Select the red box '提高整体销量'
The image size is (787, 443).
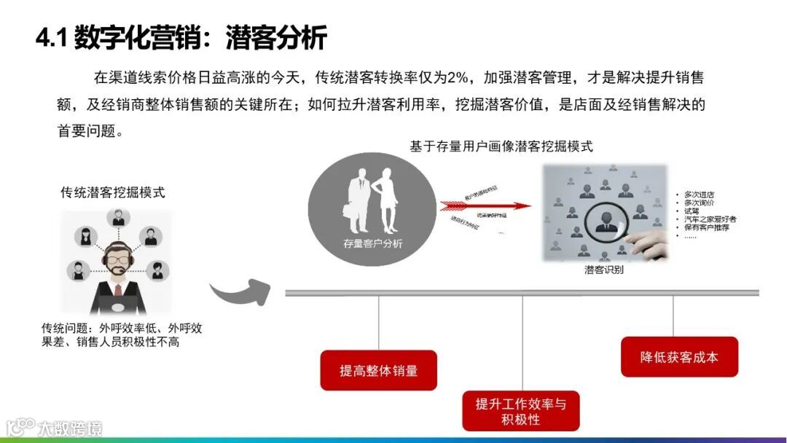(x=378, y=370)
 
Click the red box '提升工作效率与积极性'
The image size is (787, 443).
(x=520, y=411)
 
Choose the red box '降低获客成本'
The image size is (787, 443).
(x=679, y=357)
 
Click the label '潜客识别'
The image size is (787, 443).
(x=603, y=270)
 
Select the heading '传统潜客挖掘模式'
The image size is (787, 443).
(x=112, y=192)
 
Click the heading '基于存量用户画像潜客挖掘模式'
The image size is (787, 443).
(x=501, y=146)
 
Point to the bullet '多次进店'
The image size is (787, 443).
(x=699, y=195)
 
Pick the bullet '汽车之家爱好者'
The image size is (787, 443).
(x=710, y=219)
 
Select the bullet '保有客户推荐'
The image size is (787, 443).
(x=706, y=227)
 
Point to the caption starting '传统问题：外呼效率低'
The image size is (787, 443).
(x=121, y=334)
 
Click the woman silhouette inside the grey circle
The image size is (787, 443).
(x=385, y=200)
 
